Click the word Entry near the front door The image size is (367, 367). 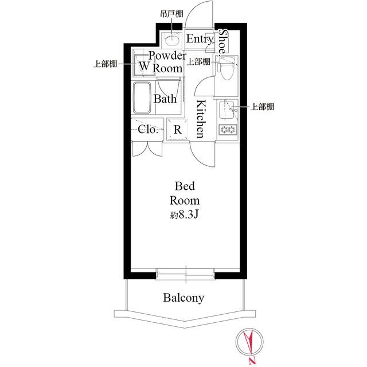tap(200, 40)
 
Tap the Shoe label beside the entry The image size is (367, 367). tap(224, 40)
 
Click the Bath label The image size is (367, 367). tap(165, 98)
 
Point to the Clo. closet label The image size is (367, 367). tap(148, 129)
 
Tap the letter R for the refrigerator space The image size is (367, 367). tap(178, 130)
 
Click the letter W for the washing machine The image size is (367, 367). tap(143, 67)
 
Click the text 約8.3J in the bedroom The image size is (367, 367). tap(183, 216)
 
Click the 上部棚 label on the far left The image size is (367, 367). tap(105, 64)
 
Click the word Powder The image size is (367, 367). tap(167, 56)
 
